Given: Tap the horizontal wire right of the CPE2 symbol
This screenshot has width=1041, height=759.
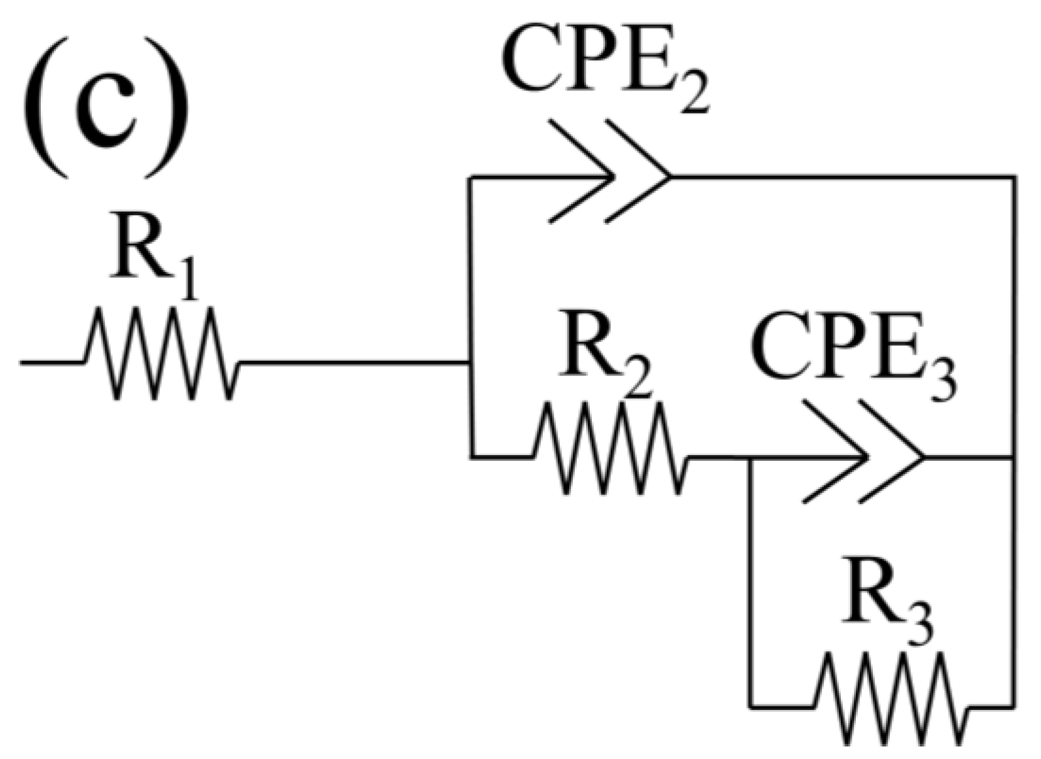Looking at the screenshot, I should tap(841, 178).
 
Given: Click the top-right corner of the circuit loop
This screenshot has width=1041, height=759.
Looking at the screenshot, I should tap(1013, 178).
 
